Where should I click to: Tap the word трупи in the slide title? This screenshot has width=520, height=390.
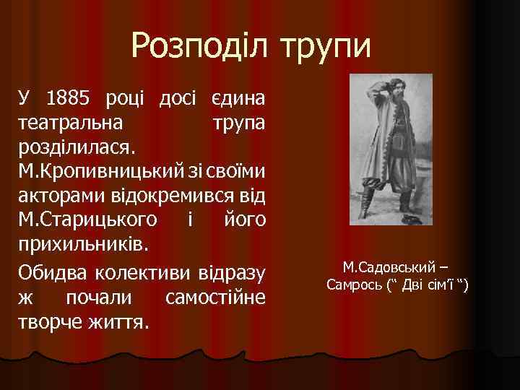(x=326, y=48)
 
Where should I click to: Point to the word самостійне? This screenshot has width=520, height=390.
(x=215, y=299)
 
